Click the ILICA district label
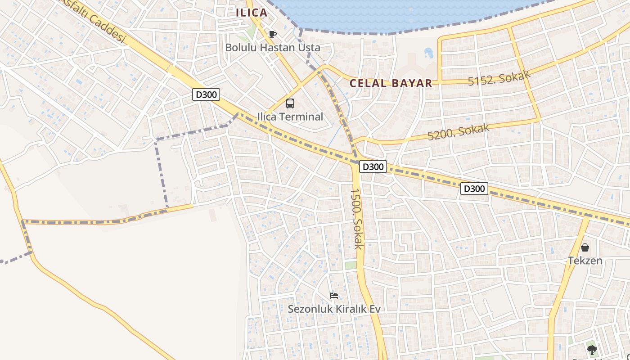pos(252,13)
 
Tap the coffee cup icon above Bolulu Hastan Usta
pos(272,34)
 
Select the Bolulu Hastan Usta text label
pos(273,47)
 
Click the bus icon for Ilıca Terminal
pos(290,103)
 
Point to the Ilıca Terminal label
pos(290,117)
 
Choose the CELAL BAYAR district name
pos(391,83)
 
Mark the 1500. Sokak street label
pos(356,218)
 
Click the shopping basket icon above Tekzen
pos(585,247)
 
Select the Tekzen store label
pos(585,261)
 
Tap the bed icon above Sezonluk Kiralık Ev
pos(334,296)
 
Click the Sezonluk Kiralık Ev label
pos(334,309)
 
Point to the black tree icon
pos(592,349)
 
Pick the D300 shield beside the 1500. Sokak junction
pos(373,167)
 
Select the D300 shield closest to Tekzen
pos(474,189)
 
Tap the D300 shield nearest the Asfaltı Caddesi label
pos(206,94)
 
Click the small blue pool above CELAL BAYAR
pos(428,53)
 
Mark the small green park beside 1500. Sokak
pos(351,265)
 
